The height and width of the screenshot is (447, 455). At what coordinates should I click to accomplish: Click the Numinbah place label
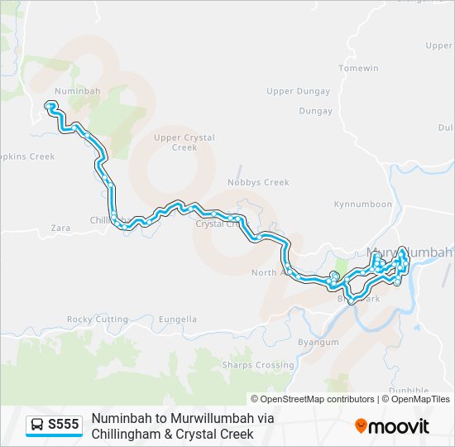[77, 90]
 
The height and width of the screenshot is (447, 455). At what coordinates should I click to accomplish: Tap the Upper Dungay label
[298, 91]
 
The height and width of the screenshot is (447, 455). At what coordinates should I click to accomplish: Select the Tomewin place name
[358, 68]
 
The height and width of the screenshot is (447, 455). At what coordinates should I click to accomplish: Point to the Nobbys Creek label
[258, 182]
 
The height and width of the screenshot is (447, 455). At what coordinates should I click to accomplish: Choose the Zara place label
[60, 226]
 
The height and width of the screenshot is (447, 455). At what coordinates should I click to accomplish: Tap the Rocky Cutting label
[98, 320]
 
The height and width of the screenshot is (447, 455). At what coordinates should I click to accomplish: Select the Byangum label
[318, 342]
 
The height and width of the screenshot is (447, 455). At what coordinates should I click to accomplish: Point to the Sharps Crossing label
[257, 365]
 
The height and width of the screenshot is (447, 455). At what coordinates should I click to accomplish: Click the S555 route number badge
[64, 425]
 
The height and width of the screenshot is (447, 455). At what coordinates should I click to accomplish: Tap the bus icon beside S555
[37, 425]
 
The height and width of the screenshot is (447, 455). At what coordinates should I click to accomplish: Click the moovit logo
[392, 426]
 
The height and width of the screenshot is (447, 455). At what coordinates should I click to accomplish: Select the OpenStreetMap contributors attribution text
[313, 399]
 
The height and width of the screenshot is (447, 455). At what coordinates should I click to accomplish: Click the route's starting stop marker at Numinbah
[50, 105]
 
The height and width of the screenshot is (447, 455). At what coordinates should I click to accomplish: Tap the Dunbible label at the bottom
[408, 391]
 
